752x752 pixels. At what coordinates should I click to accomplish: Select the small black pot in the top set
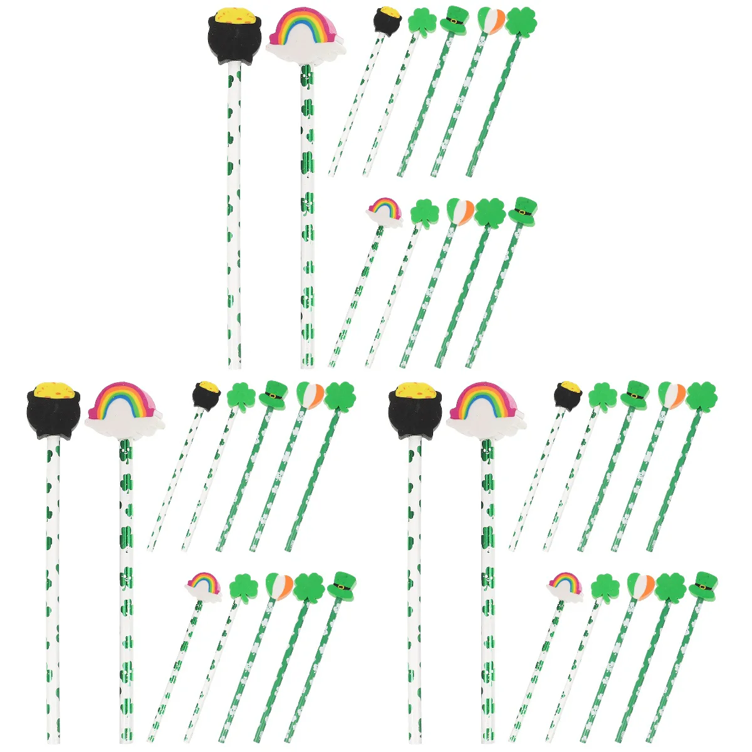387,20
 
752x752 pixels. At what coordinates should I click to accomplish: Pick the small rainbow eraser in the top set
384,211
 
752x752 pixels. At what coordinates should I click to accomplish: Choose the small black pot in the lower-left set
206,395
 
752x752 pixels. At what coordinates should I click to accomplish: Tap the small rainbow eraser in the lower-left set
204,585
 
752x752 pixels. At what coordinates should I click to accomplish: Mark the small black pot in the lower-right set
568,395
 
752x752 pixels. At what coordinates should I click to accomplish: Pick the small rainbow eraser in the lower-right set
565,585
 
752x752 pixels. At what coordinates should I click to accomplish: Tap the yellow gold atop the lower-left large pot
54,390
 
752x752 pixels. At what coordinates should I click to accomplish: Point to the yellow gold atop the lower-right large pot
415,390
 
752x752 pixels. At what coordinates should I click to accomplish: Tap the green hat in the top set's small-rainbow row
523,211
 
